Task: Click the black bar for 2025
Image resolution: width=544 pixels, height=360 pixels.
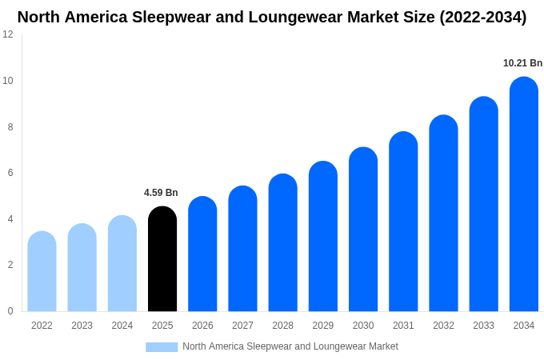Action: coord(162,259)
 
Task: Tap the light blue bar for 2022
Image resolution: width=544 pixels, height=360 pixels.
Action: coord(42,271)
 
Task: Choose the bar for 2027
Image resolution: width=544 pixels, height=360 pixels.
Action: coord(242,249)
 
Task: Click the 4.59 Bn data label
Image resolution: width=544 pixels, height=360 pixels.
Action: coord(161,193)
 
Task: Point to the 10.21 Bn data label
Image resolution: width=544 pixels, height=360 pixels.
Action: coord(522,63)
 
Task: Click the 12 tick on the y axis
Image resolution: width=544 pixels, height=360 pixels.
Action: coord(8,34)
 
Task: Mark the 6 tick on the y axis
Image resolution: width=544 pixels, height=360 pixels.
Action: coord(10,173)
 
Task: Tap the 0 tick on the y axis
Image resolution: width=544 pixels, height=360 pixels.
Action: coord(10,311)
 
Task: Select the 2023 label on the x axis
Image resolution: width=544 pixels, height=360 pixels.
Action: coord(82,326)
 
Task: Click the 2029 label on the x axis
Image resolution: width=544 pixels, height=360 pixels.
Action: coord(323,326)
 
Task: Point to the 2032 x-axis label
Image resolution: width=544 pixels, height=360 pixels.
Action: coord(443,326)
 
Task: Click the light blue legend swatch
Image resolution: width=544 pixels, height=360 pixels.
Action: coord(162,347)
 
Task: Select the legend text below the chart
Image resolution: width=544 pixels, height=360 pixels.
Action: coord(290,346)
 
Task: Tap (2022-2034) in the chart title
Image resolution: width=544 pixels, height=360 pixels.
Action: coord(482,17)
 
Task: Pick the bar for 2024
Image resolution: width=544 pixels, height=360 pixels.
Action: coord(122,263)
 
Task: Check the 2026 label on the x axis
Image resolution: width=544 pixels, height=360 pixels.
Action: coord(202,326)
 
